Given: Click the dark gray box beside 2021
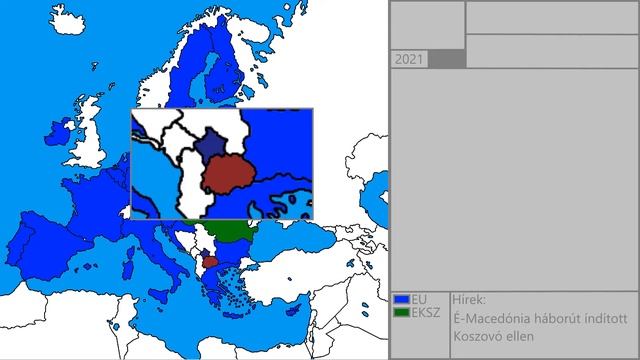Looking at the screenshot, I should pos(447,60).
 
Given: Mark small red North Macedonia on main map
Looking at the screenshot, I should pos(211,262).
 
